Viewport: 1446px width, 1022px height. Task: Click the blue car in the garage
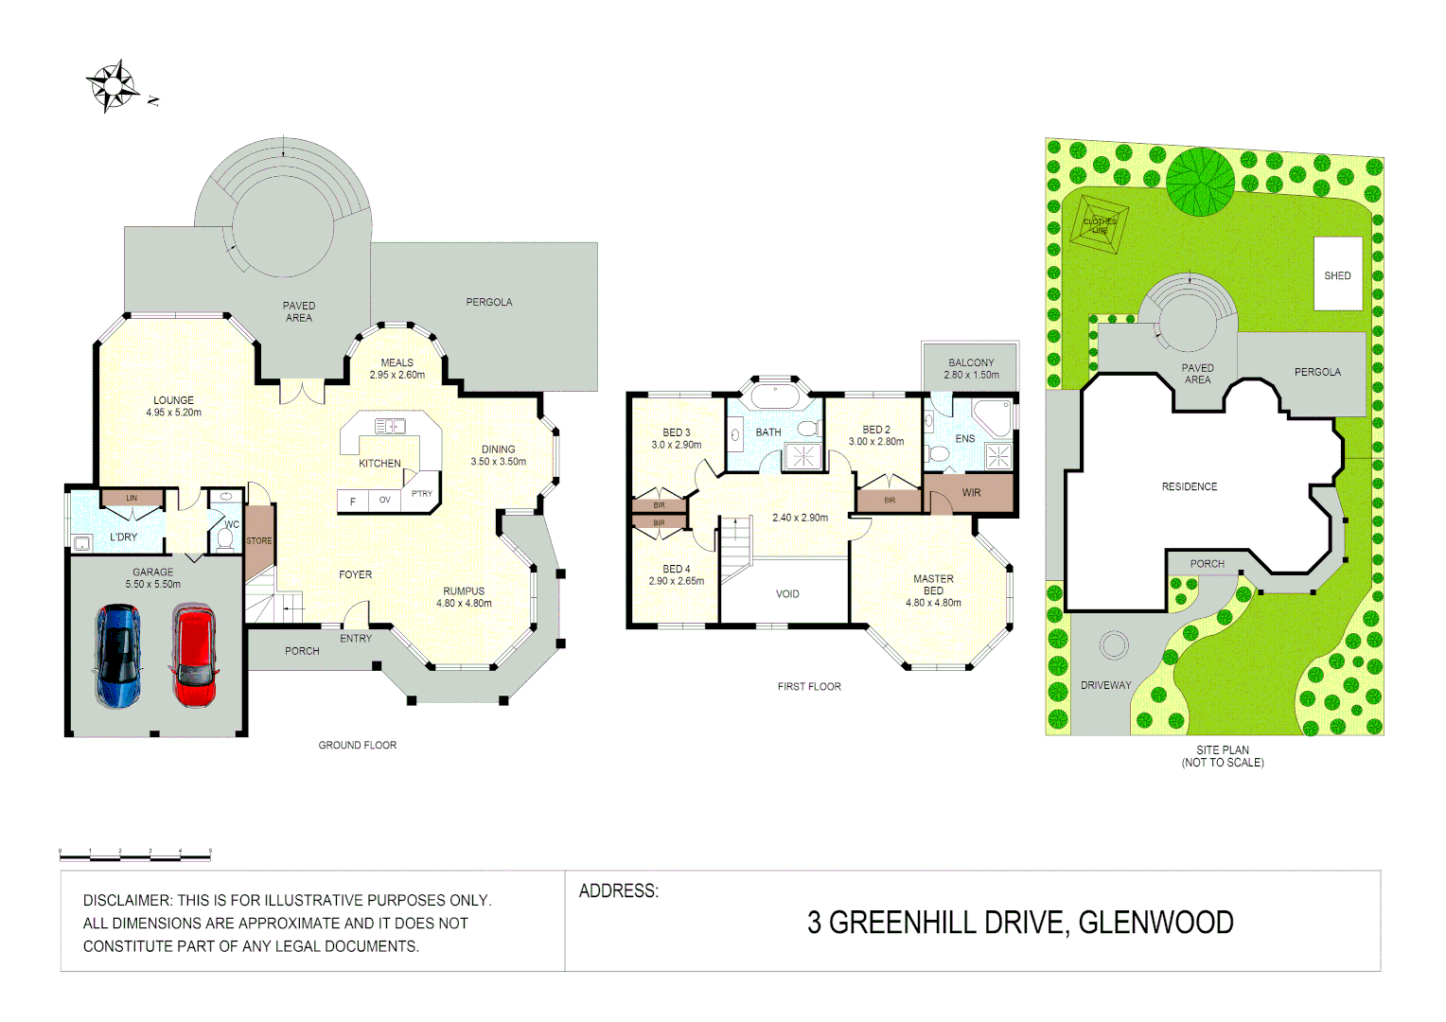(x=118, y=656)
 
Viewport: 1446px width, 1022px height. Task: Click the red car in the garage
(x=194, y=657)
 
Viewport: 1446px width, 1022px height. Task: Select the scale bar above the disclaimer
(x=134, y=856)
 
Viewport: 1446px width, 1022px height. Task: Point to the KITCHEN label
(x=379, y=464)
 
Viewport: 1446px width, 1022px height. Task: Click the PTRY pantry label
(x=422, y=494)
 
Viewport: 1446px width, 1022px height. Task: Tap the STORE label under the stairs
(x=259, y=541)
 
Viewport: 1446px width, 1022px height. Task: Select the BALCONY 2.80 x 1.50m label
(x=971, y=368)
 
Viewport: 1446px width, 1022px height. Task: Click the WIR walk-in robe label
(x=971, y=493)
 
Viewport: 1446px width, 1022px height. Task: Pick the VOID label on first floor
(x=787, y=594)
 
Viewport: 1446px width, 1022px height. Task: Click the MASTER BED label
(x=933, y=585)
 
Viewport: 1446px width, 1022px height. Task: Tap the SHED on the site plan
(x=1337, y=275)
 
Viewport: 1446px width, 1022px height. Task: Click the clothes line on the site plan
(x=1100, y=225)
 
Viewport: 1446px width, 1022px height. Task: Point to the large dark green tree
(x=1200, y=181)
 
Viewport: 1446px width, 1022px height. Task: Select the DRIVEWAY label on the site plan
(x=1105, y=685)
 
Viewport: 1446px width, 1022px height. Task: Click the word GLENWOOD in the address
(x=1155, y=923)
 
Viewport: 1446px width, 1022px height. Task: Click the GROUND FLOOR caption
(x=357, y=746)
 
